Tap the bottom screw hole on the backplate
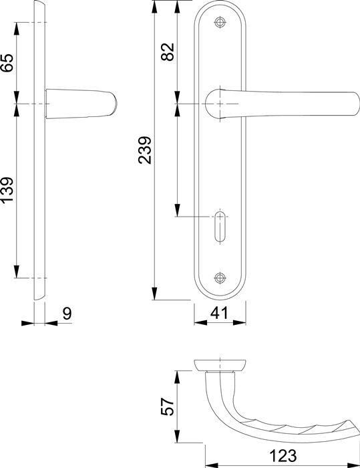coord(220,277)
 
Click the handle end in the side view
coord(115,104)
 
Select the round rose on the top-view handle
coord(220,364)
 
